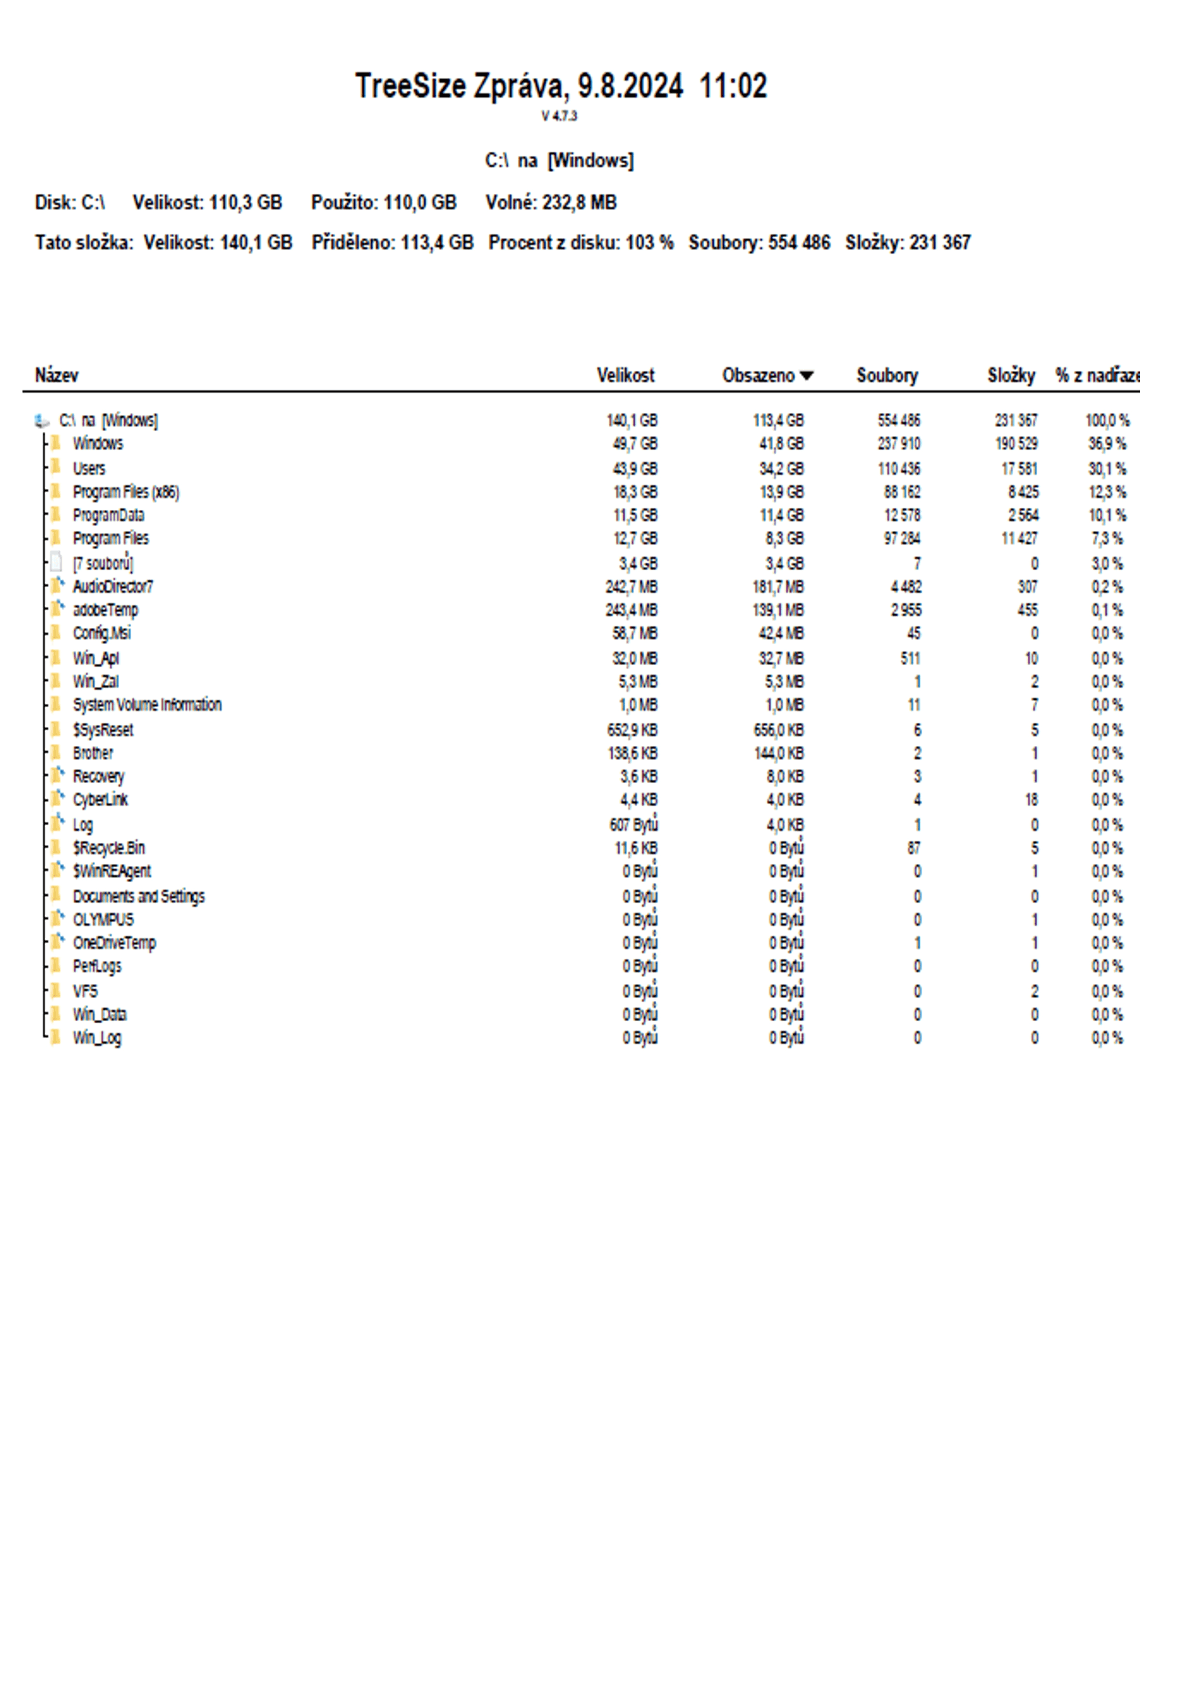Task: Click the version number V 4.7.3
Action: [x=559, y=116]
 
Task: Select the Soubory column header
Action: [x=886, y=375]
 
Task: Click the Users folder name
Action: [x=89, y=468]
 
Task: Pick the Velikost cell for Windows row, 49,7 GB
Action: [x=634, y=444]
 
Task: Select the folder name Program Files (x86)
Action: [x=125, y=492]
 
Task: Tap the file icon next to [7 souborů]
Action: [x=56, y=563]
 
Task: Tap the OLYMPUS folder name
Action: [x=103, y=920]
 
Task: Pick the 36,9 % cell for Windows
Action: [x=1106, y=444]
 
